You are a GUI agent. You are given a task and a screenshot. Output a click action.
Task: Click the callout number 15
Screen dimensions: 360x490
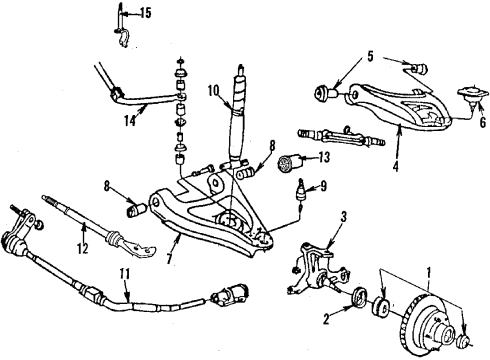point(146,13)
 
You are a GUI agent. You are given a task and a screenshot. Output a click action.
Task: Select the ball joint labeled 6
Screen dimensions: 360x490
point(466,97)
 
